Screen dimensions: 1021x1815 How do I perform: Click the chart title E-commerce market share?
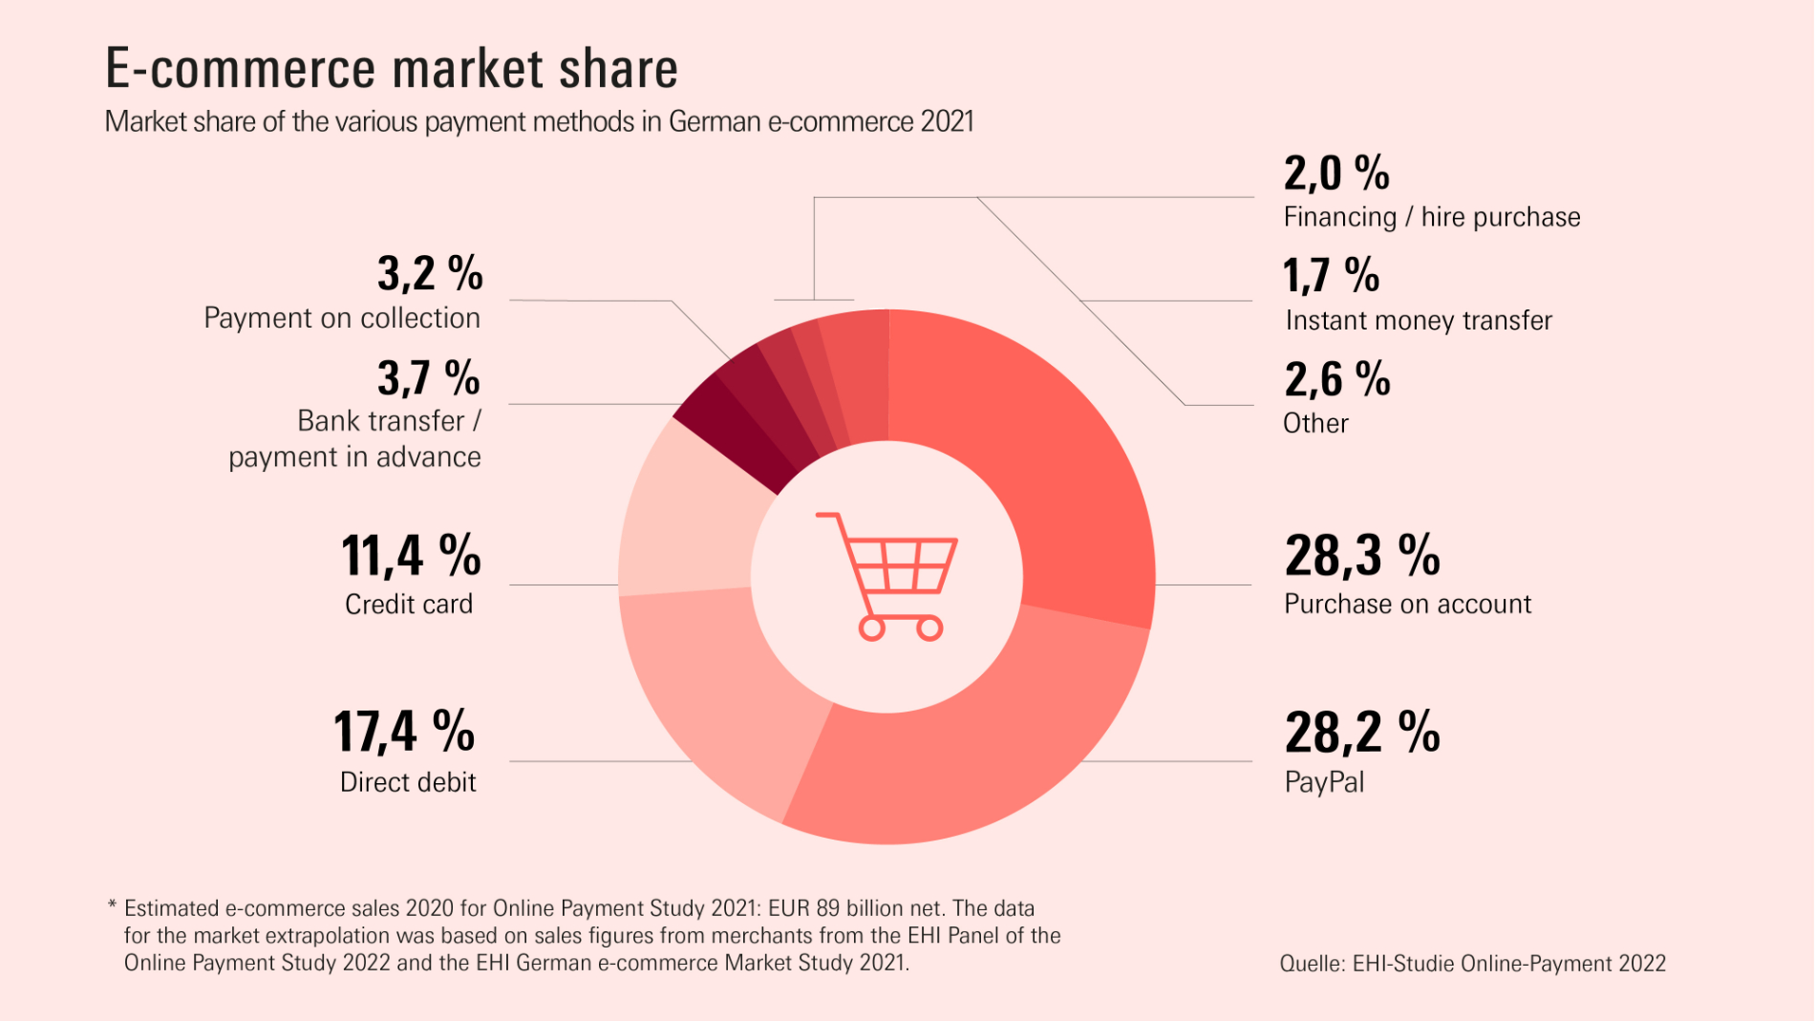click(391, 69)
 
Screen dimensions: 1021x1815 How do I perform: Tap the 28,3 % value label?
click(1361, 556)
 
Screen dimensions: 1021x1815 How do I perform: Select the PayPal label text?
click(1324, 782)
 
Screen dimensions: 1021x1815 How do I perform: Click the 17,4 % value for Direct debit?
click(404, 733)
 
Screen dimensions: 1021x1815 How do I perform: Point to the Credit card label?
click(409, 605)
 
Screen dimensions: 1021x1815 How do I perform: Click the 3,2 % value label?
click(430, 274)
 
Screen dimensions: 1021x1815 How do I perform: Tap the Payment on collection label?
click(342, 318)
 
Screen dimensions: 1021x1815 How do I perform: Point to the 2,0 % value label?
click(1335, 174)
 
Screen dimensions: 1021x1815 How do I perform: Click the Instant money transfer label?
click(1419, 321)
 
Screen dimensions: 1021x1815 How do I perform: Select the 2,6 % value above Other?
click(1336, 380)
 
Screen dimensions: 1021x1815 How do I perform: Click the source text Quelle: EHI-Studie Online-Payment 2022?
click(1472, 964)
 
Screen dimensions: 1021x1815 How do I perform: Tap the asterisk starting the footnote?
click(112, 905)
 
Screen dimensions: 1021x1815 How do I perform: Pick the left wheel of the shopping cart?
click(871, 628)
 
